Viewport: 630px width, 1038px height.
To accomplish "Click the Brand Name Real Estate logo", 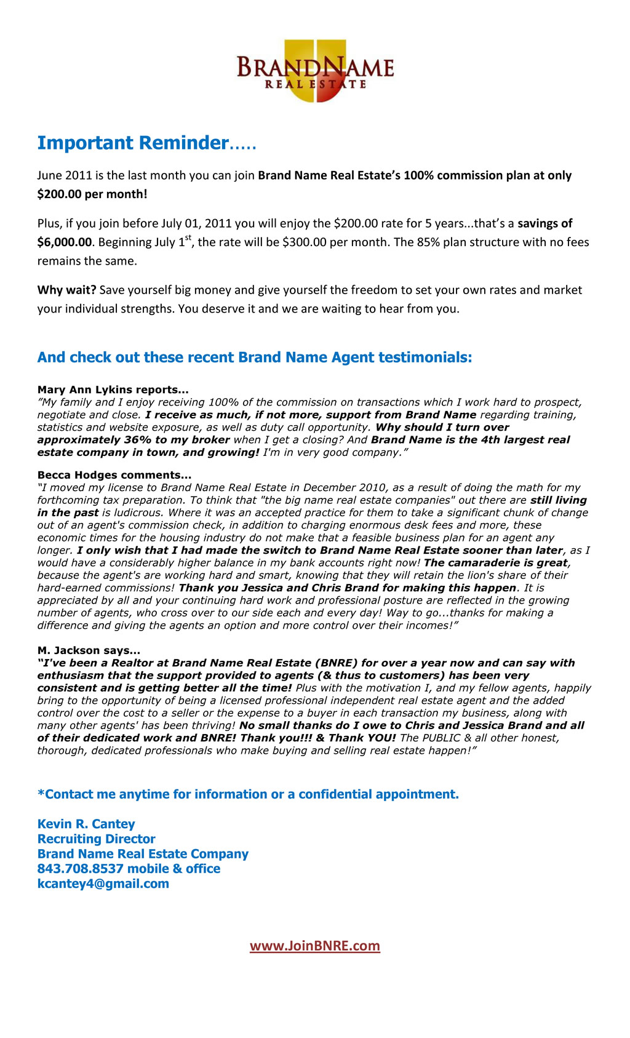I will point(315,71).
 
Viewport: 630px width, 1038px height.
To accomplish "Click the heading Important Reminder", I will point(132,143).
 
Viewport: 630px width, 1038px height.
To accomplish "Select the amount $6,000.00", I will point(64,242).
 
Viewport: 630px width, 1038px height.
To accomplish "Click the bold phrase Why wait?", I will point(66,290).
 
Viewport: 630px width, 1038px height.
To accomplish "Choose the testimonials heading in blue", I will point(254,357).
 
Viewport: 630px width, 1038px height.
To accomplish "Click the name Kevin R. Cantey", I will point(86,824).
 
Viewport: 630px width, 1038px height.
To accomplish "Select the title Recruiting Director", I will point(96,839).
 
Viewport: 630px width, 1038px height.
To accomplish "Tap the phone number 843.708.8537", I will point(80,869).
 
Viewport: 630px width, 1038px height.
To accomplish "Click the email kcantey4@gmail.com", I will point(103,884).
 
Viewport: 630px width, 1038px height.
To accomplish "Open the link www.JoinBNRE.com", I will point(315,946).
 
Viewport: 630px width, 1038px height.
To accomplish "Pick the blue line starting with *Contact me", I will point(248,794).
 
